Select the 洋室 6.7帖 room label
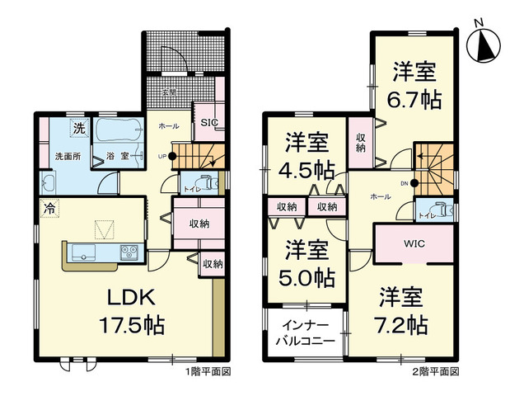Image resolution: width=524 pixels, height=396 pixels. tap(414, 85)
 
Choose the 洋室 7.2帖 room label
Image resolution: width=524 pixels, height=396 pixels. tap(402, 309)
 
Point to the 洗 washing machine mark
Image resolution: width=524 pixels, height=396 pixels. tap(78, 128)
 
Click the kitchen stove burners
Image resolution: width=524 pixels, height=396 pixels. tap(130, 252)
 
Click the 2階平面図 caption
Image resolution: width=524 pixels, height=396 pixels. tap(435, 372)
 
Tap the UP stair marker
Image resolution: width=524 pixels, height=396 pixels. tap(161, 156)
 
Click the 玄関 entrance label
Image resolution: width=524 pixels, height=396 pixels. tap(169, 92)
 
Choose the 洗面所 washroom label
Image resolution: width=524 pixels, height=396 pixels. tap(67, 156)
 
